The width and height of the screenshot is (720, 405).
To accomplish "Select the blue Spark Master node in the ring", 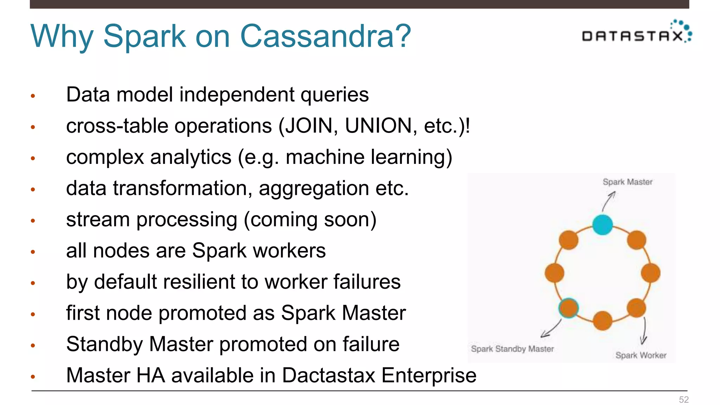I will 603,225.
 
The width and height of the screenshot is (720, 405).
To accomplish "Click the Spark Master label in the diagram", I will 628,182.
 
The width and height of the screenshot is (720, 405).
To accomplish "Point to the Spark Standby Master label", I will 512,349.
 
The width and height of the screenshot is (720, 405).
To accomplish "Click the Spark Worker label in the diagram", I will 641,355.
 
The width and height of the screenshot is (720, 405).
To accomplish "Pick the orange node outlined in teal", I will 568,308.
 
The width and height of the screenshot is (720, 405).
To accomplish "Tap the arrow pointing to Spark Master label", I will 609,201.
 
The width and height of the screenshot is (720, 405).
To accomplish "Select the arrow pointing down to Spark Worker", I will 644,331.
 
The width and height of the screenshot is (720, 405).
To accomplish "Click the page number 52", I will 683,400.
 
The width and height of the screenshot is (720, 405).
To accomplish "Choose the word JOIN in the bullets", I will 309,126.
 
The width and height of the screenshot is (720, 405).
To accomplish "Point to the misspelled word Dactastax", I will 328,375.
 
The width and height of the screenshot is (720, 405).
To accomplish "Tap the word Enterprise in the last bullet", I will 429,375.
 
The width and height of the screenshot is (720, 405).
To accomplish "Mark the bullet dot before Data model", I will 33,96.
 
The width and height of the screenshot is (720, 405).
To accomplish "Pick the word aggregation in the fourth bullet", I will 314,188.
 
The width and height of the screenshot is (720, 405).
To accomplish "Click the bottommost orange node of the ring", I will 603,320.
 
